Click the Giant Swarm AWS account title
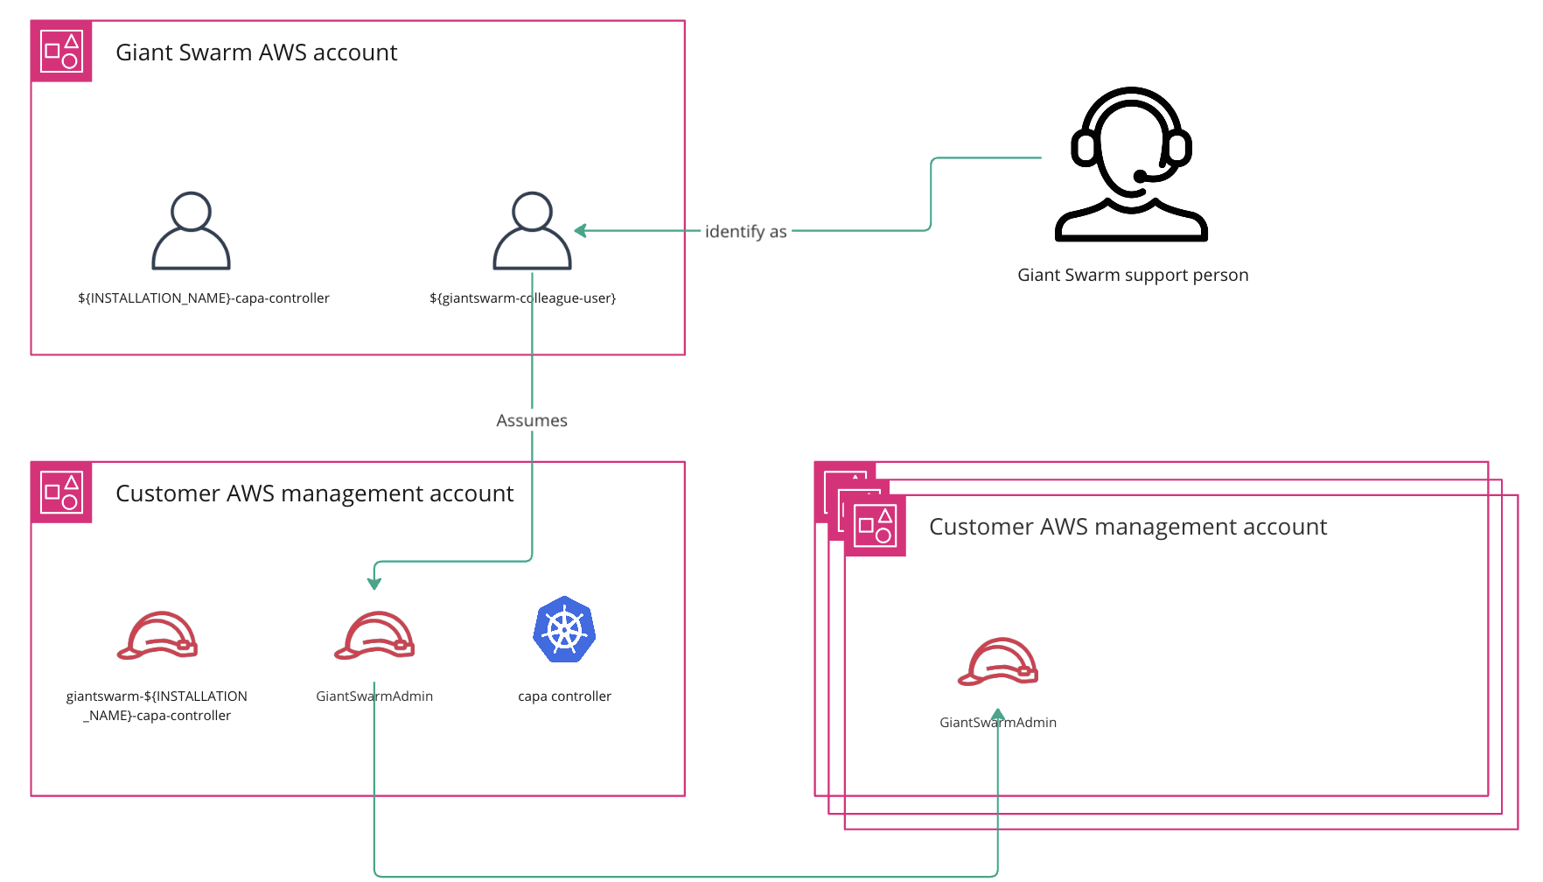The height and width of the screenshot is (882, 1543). pyautogui.click(x=256, y=52)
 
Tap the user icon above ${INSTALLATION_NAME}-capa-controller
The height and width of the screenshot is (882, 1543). pyautogui.click(x=191, y=231)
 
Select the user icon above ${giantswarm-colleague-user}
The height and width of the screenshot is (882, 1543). pyautogui.click(x=532, y=231)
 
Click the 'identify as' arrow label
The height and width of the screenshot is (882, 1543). pyautogui.click(x=745, y=231)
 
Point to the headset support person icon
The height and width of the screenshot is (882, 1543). pyautogui.click(x=1131, y=165)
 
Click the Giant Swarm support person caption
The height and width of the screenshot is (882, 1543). pyautogui.click(x=1133, y=275)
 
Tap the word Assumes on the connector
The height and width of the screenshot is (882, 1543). pyautogui.click(x=532, y=421)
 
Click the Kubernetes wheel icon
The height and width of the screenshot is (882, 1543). pyautogui.click(x=564, y=630)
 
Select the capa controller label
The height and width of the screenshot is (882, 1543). pyautogui.click(x=564, y=696)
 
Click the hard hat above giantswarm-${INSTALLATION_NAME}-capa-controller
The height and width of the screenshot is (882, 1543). pyautogui.click(x=157, y=636)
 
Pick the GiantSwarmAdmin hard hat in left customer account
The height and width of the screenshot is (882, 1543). pyautogui.click(x=374, y=636)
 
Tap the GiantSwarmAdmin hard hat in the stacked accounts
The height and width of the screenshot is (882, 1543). pyautogui.click(x=998, y=662)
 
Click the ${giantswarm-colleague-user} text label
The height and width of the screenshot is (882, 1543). pyautogui.click(x=522, y=298)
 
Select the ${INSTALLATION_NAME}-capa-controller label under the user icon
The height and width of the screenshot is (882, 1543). pyautogui.click(x=204, y=298)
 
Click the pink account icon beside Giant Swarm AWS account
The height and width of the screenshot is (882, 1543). pyautogui.click(x=61, y=52)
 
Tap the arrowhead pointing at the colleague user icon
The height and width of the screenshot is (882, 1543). pyautogui.click(x=580, y=231)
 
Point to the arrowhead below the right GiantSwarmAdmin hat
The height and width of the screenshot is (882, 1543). pyautogui.click(x=998, y=715)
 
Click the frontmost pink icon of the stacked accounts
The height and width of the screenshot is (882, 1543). pyautogui.click(x=875, y=526)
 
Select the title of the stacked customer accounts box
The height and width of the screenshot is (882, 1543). pyautogui.click(x=1128, y=527)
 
